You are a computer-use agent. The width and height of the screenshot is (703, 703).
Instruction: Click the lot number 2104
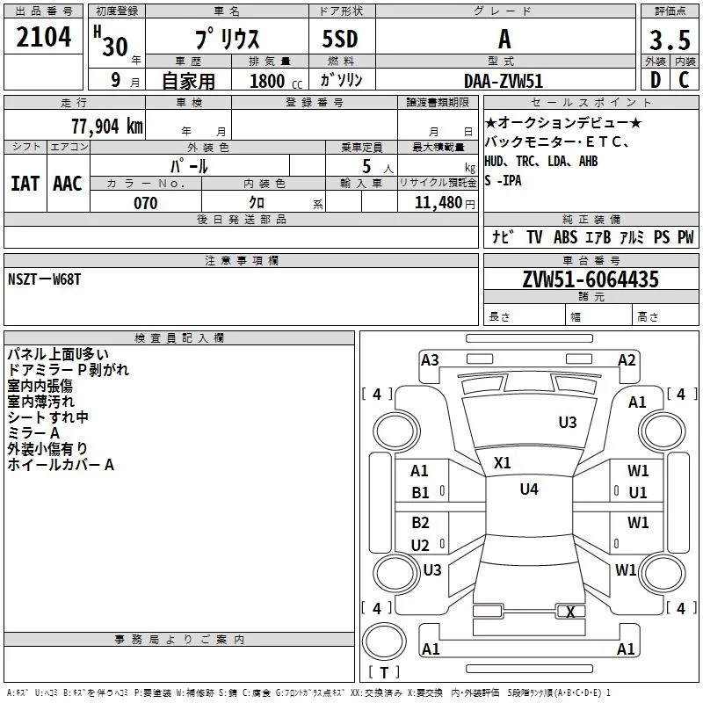coord(43,37)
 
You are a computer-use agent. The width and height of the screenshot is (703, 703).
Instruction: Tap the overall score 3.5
coord(670,40)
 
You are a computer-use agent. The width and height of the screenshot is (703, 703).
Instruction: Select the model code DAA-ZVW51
coord(504,81)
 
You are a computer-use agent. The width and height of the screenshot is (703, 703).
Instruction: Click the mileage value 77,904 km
coord(107,127)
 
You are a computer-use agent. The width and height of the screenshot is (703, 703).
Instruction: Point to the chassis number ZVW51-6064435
coord(591,279)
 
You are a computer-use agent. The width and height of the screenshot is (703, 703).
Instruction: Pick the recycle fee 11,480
coord(438,203)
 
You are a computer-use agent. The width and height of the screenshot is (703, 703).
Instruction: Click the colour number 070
coord(146,203)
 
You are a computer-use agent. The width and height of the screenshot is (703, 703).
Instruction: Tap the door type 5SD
coord(340,39)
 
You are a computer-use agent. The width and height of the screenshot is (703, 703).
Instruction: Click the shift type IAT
coord(25,184)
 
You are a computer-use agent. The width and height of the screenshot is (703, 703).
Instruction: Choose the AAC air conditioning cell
coord(68,184)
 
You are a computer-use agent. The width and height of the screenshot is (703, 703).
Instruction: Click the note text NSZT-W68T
coord(45,279)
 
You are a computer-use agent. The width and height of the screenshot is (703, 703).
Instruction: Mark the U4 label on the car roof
coord(529,489)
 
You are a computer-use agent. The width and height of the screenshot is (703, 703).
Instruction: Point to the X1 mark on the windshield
coord(502,463)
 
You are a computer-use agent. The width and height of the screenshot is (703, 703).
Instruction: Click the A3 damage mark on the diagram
coord(430,360)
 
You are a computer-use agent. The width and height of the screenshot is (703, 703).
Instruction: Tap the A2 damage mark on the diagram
coord(627,360)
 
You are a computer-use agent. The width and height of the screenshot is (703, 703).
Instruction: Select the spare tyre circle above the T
coord(384,641)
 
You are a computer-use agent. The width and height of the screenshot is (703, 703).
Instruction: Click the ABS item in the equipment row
coord(565,237)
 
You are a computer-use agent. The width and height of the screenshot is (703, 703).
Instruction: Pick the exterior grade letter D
coord(656,80)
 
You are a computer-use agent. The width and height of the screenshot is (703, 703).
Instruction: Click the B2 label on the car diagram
coord(421,522)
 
